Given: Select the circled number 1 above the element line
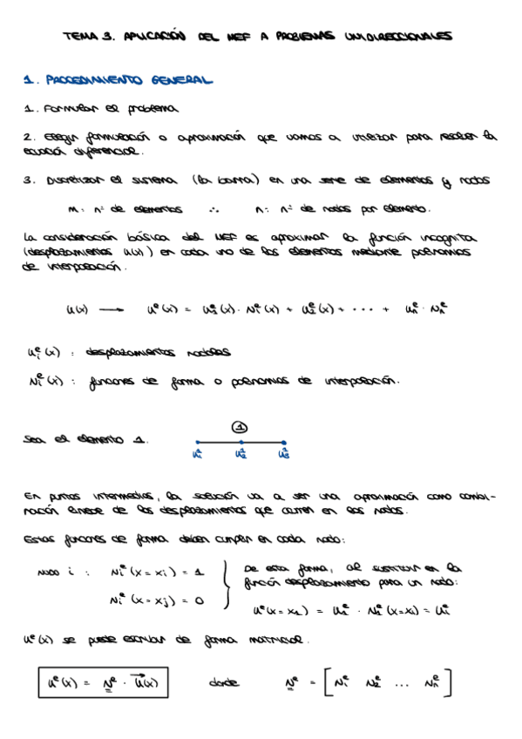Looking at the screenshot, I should [241, 427].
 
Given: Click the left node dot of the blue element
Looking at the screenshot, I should [197, 443].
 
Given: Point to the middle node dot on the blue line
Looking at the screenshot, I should [241, 443].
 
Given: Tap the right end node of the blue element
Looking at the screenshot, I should [284, 443].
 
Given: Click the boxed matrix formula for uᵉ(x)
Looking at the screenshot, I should [103, 682].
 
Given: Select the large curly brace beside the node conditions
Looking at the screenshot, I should [227, 585].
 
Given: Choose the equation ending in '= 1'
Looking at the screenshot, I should [157, 573].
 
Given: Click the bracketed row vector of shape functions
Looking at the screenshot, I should [388, 683].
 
